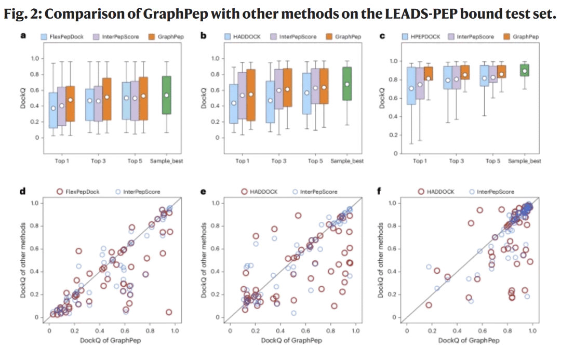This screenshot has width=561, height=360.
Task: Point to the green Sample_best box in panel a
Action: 166,95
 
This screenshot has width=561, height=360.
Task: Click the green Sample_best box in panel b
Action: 347,84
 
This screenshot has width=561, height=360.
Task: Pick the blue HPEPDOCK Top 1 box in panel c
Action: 411,86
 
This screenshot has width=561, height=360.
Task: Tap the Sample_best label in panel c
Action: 524,161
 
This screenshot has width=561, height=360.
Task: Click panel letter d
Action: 23,192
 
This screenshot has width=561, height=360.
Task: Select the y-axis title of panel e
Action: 206,260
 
